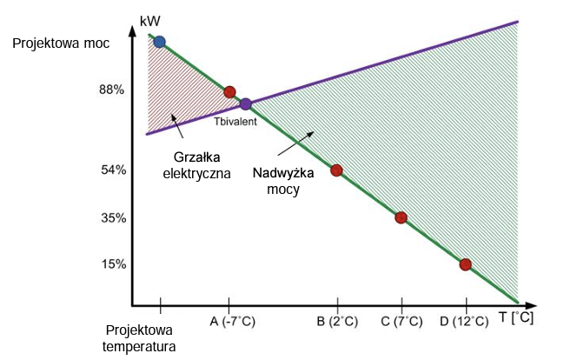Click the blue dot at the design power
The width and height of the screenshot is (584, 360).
pyautogui.click(x=159, y=41)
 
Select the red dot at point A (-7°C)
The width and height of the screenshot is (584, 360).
pyautogui.click(x=229, y=91)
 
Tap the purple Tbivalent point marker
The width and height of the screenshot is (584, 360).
pyautogui.click(x=246, y=104)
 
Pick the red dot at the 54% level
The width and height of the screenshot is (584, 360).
pyautogui.click(x=336, y=170)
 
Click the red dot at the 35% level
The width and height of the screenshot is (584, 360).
pyautogui.click(x=401, y=217)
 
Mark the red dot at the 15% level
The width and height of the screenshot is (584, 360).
pyautogui.click(x=465, y=264)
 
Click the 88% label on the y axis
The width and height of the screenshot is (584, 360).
pyautogui.click(x=113, y=90)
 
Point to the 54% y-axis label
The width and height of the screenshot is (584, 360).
pyautogui.click(x=113, y=170)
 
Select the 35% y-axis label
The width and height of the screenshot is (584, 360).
pyautogui.click(x=113, y=217)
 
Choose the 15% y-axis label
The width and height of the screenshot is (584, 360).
pyautogui.click(x=113, y=264)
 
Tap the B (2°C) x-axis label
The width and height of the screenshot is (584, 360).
pyautogui.click(x=336, y=322)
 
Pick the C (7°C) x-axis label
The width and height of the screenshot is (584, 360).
pyautogui.click(x=401, y=322)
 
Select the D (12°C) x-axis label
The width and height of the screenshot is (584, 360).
pyautogui.click(x=465, y=322)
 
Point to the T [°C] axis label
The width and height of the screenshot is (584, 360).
pyautogui.click(x=516, y=319)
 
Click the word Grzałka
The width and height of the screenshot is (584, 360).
pyautogui.click(x=196, y=157)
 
